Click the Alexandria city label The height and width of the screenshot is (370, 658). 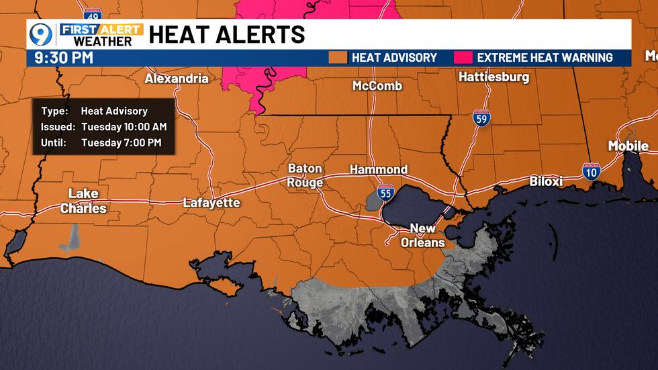point(177,79)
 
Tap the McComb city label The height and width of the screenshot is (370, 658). point(377,85)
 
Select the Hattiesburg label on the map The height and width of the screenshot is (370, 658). point(493,77)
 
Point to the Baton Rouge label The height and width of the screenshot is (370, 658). point(305,175)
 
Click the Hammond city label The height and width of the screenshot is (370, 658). point(379,169)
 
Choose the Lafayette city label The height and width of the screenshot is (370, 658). point(211,202)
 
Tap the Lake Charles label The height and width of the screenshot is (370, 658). point(83,201)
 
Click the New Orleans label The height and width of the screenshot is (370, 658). point(422,236)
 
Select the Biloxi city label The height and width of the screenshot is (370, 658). point(545,181)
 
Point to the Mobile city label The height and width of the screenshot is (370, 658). point(628,146)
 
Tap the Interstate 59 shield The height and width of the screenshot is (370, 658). point(481,118)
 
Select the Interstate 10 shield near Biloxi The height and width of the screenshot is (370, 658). point(591,171)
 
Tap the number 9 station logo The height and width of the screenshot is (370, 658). point(41,35)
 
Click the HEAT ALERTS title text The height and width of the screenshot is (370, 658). point(226,34)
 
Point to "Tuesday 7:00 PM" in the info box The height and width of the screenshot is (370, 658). point(121,142)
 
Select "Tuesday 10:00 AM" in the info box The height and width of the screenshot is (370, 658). point(124,127)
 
